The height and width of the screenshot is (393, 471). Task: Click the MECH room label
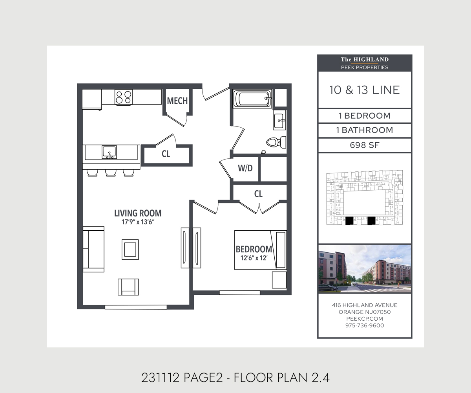click(177, 101)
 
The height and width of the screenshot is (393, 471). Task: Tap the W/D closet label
click(245, 168)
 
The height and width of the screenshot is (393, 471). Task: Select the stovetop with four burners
click(124, 97)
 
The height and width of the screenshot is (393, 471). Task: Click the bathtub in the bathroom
click(252, 99)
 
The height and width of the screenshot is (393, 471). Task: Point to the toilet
click(276, 142)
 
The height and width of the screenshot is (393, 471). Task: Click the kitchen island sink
click(110, 152)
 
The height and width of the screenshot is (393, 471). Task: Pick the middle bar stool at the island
click(111, 173)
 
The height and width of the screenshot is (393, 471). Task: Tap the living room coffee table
click(130, 250)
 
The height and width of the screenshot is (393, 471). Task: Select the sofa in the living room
click(94, 249)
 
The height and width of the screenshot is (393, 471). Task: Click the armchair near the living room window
click(128, 287)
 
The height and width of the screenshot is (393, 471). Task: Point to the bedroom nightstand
click(279, 280)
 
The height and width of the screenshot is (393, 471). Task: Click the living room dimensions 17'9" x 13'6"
click(138, 222)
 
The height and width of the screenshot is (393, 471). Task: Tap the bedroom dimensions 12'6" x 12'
click(254, 258)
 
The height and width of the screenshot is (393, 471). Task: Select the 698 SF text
click(365, 145)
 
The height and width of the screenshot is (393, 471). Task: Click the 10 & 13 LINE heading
click(365, 90)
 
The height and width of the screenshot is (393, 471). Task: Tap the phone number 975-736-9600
click(365, 325)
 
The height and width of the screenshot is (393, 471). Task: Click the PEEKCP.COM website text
click(365, 319)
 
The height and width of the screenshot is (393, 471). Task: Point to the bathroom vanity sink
click(279, 120)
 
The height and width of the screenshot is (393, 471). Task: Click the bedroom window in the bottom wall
click(239, 293)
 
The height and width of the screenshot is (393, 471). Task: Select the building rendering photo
click(365, 269)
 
